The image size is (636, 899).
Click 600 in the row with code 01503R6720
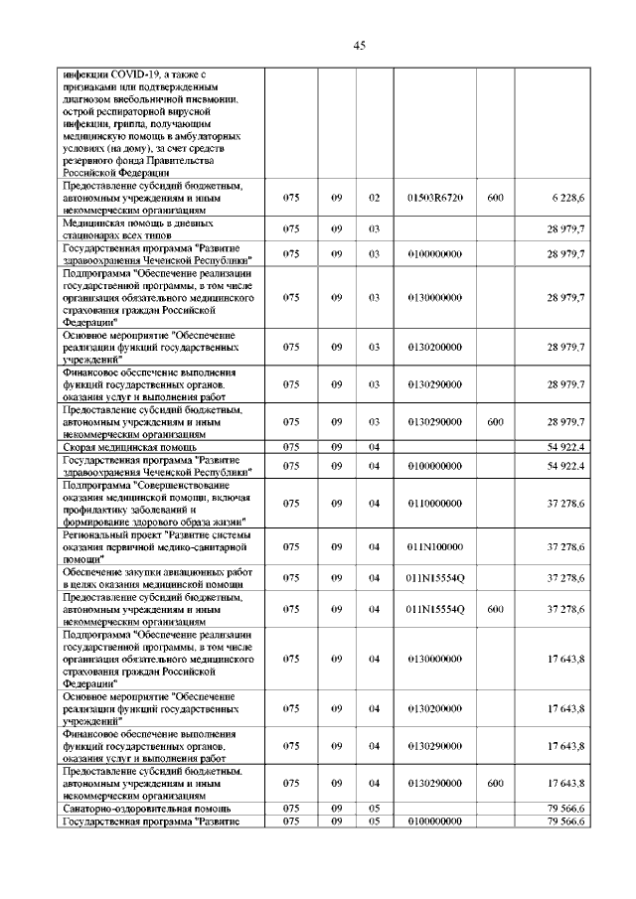(495, 199)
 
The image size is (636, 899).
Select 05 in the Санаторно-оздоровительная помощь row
(375, 810)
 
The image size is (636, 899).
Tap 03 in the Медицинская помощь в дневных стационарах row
(375, 228)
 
